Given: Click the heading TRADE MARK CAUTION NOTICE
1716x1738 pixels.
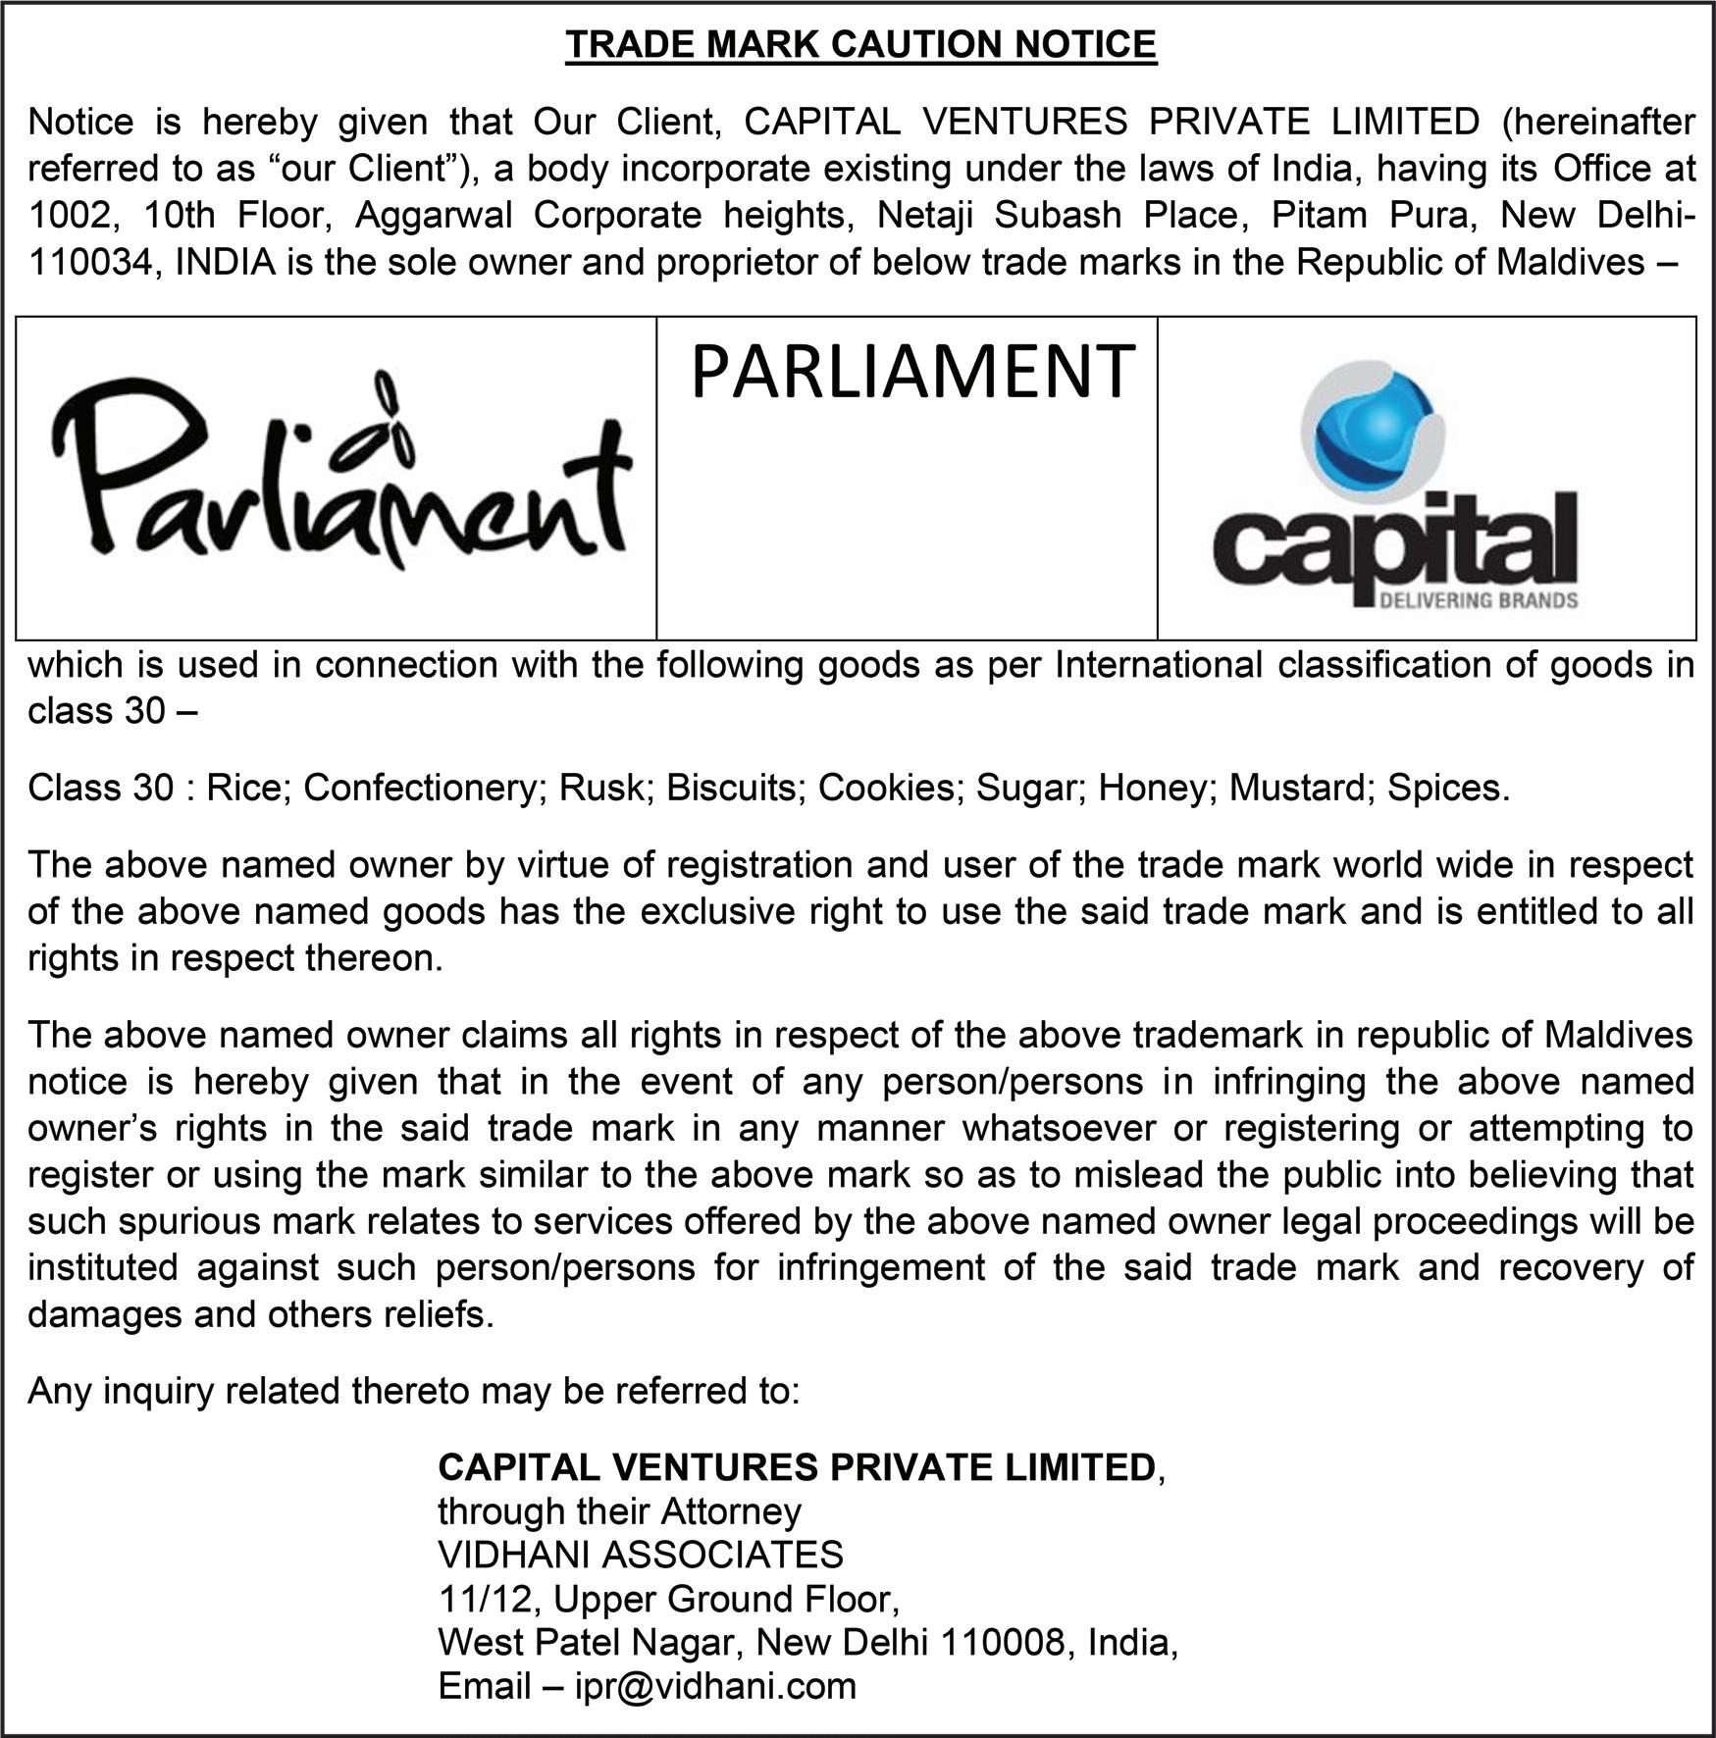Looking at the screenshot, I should (860, 45).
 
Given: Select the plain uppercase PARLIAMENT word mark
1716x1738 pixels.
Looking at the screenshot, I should (912, 373).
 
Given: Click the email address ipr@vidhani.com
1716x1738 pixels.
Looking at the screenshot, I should (715, 1685).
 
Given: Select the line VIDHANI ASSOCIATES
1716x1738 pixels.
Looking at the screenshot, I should (640, 1555).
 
